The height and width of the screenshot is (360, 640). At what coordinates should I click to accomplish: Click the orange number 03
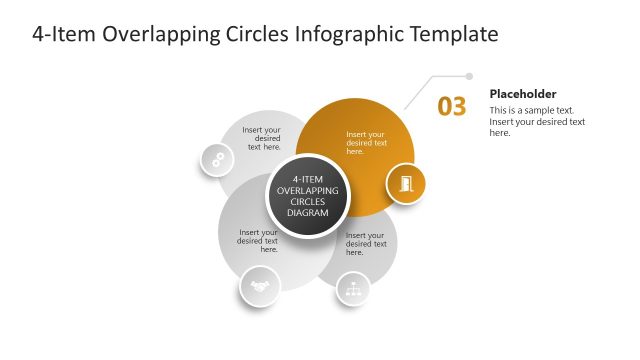452,107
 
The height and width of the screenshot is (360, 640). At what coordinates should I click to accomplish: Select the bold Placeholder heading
523,94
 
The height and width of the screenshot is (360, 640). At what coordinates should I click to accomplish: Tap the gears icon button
216,159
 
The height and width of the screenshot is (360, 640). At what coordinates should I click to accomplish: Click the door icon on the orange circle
406,183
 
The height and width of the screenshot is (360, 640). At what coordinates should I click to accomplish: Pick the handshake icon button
260,287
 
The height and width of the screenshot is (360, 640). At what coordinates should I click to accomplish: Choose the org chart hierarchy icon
352,288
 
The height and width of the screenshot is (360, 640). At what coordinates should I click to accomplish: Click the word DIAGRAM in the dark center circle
307,212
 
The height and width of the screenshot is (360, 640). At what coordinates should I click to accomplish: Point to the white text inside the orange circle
365,142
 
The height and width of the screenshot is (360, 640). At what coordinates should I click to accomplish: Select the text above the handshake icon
258,241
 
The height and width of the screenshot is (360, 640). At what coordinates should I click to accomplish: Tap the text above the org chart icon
365,241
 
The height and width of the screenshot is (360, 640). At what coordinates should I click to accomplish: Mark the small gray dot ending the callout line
469,75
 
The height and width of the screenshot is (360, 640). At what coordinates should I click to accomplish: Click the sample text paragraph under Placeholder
537,121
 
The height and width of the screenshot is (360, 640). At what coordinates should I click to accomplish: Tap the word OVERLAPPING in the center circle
307,190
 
